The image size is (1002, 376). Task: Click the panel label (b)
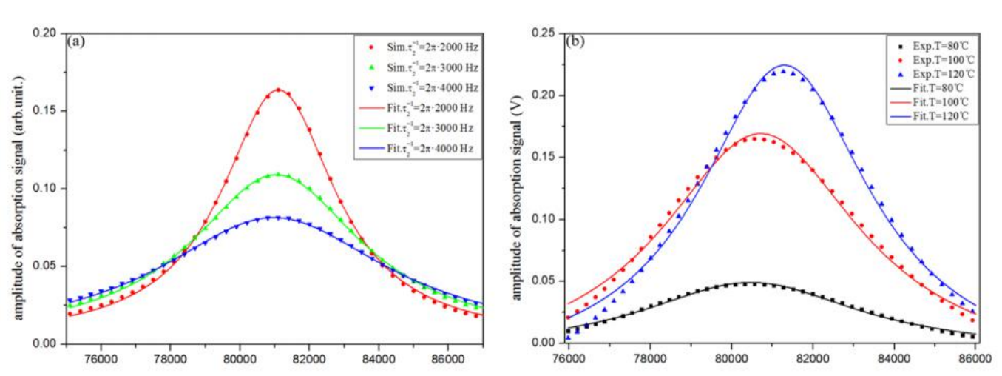pyautogui.click(x=575, y=41)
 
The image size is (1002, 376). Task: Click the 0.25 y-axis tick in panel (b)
pyautogui.click(x=545, y=33)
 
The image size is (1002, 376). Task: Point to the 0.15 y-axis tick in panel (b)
pyautogui.click(x=545, y=157)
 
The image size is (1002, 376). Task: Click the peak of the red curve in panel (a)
pyautogui.click(x=278, y=90)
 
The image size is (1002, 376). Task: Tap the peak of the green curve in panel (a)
pyautogui.click(x=278, y=175)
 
